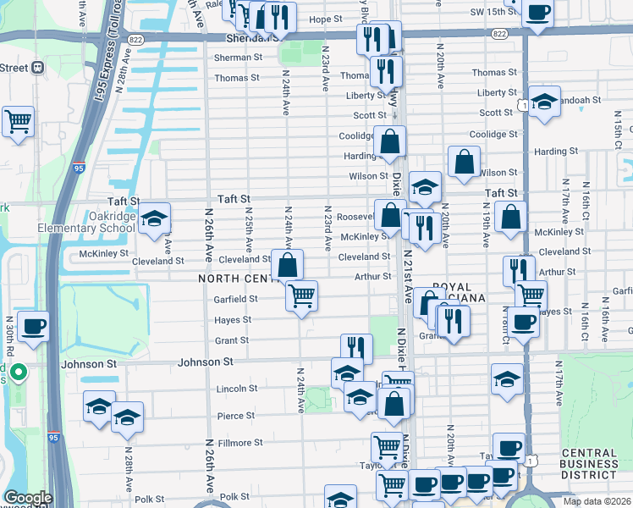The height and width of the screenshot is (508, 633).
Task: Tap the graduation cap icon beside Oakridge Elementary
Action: (154, 220)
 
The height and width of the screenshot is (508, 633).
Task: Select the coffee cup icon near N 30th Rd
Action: (33, 326)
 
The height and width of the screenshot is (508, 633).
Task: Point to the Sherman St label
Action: (238, 58)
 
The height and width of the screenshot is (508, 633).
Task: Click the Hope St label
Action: (325, 19)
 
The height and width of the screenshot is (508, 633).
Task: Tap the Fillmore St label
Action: (240, 443)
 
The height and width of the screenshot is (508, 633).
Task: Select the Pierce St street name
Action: (236, 416)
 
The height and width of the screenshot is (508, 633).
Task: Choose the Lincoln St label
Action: (237, 389)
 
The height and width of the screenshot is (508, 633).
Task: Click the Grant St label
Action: (233, 340)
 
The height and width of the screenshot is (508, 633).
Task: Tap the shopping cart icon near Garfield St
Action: (301, 296)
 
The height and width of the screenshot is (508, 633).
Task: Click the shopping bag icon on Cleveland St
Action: (288, 264)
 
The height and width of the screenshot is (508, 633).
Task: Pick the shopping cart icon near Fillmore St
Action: (387, 445)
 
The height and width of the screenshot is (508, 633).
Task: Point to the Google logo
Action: (28, 498)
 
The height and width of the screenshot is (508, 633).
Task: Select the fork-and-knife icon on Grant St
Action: (356, 347)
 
